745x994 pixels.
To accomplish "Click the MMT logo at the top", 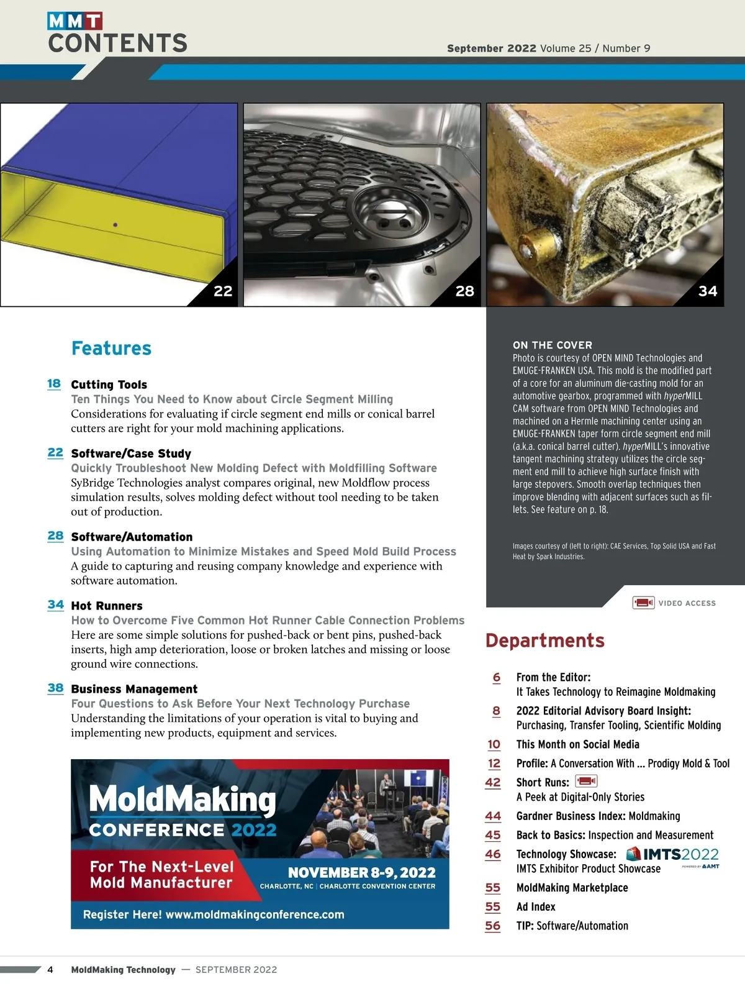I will (75, 21).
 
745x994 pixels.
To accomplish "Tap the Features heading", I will (111, 349).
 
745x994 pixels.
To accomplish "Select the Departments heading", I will (544, 641).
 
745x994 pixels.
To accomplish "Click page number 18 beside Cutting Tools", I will (54, 383).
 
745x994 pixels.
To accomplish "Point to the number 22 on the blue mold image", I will (223, 291).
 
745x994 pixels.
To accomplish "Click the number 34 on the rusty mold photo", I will (708, 291).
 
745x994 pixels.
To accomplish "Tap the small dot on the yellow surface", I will (115, 225).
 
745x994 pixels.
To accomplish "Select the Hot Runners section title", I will (107, 606).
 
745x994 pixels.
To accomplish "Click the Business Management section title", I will (134, 689).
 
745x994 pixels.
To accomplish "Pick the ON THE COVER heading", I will (552, 345).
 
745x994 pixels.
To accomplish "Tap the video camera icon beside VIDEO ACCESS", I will (643, 603).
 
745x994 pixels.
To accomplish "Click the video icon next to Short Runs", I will (586, 782).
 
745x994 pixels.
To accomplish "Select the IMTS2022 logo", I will (673, 855).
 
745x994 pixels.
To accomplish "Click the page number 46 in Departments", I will (493, 854).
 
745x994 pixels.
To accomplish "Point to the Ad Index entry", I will (536, 907).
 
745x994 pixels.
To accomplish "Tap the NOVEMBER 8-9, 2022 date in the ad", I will (361, 873).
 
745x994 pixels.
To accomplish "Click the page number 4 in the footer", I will (50, 970).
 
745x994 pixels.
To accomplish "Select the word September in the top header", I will (475, 48).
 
